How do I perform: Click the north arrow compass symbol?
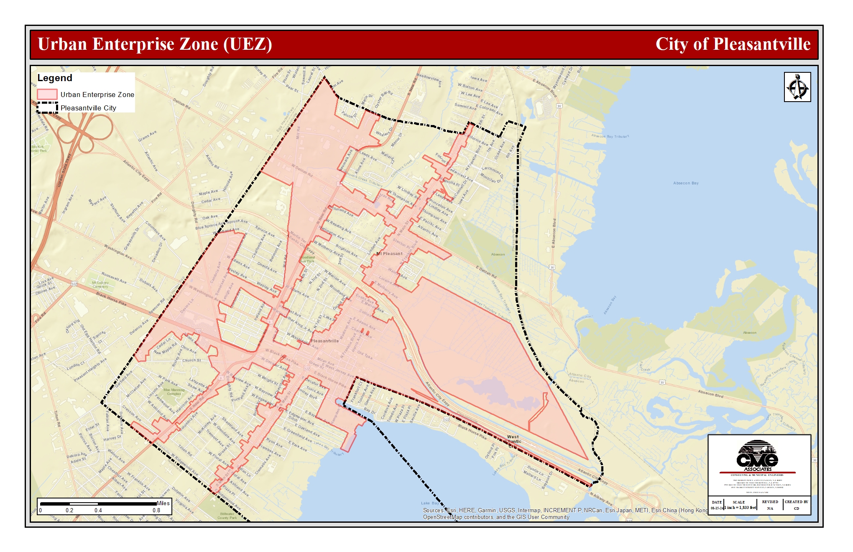point(797,87)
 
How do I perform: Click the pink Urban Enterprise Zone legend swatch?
point(47,95)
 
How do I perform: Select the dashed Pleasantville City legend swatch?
point(47,107)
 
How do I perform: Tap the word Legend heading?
point(55,78)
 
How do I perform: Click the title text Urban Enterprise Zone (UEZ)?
point(155,44)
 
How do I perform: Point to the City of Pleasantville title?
point(733,44)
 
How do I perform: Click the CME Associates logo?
point(757,455)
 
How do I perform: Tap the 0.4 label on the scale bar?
point(98,510)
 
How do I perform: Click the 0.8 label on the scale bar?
point(156,510)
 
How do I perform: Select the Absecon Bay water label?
point(686,183)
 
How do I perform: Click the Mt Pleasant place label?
point(389,254)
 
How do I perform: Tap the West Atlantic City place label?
point(513,441)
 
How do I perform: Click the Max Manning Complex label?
point(174,392)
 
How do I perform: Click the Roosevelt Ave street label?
point(114,278)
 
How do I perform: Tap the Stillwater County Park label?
point(227,516)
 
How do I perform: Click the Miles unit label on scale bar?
point(163,503)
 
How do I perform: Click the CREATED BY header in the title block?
point(796,502)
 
